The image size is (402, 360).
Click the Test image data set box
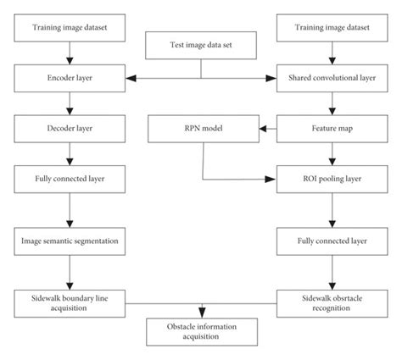[201, 46]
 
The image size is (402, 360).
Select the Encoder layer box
[70, 78]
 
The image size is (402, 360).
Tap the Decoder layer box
[70, 130]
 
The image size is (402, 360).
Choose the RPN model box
[201, 130]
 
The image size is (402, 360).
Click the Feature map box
[332, 130]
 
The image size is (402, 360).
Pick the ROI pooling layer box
[332, 180]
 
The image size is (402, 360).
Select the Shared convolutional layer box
[332, 78]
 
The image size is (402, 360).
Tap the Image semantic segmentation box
[70, 241]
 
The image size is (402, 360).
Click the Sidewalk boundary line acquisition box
[70, 300]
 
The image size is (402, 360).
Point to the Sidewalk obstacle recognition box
[332, 300]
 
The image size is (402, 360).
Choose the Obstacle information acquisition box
[201, 332]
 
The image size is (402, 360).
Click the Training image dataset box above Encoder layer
[70, 27]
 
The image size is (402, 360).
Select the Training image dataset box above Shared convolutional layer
[332, 27]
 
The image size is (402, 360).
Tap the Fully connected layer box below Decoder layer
[70, 180]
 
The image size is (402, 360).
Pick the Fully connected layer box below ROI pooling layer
[332, 241]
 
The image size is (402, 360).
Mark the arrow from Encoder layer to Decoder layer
[70, 104]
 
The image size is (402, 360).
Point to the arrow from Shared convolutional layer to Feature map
[332, 104]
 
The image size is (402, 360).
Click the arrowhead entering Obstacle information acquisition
[201, 315]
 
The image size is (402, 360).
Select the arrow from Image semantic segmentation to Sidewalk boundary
[70, 270]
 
